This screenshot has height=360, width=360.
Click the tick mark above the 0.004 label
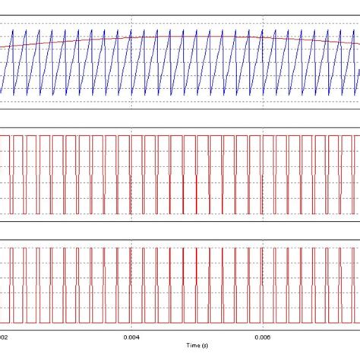tap(131, 329)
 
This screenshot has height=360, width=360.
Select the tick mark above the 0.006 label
tap(262, 329)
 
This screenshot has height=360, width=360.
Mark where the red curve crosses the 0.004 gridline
tap(131, 38)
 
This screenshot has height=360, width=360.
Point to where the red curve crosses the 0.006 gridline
tap(262, 39)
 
